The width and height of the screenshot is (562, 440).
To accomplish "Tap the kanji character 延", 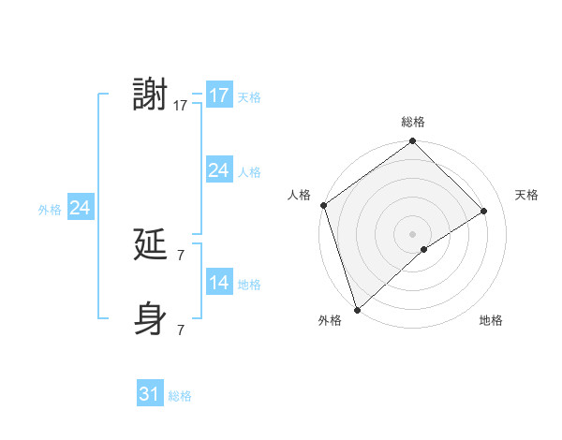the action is coord(150,244).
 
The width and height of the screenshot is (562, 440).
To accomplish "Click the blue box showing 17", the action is coord(218,95).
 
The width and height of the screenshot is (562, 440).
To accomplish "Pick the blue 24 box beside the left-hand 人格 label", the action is coord(218,170).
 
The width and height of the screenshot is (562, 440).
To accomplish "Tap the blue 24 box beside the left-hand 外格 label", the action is coord(81,208).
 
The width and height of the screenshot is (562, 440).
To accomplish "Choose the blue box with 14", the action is coord(218,283).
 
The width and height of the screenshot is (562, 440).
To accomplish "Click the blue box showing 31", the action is coord(150,394).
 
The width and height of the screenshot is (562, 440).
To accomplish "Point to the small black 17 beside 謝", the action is coord(181,105).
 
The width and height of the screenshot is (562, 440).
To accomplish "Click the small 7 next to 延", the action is coord(181,255).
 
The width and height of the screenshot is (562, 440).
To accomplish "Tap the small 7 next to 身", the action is coord(181,329).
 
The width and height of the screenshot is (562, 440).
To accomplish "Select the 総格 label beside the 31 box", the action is coord(180,396).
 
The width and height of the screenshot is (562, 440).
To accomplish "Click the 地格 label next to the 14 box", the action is coord(249,285).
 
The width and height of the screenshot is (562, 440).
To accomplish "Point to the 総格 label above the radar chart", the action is coord(413,122).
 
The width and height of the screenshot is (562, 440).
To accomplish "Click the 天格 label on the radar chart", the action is coord(527,195).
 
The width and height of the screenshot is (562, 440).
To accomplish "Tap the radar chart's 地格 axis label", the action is coord(491,321).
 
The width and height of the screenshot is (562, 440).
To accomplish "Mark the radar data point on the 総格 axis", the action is coord(412,141).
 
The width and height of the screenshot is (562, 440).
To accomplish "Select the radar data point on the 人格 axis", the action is coord(323,205).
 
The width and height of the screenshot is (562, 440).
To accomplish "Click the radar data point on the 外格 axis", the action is coord(357,309).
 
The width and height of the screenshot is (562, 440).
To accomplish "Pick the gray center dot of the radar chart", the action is coord(412,233).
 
